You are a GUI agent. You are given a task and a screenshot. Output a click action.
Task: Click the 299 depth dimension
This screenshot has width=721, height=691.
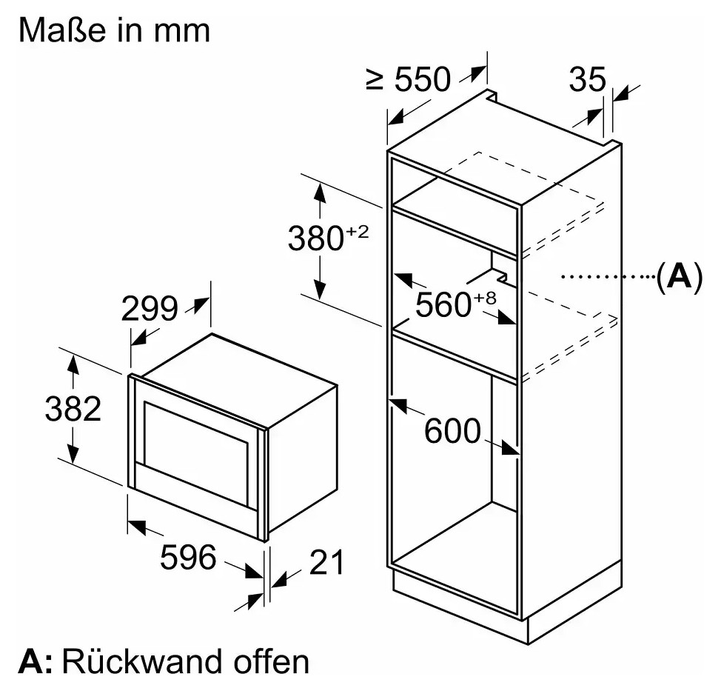pyautogui.click(x=150, y=309)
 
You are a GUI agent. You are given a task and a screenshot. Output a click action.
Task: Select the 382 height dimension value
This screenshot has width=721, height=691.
pyautogui.click(x=73, y=408)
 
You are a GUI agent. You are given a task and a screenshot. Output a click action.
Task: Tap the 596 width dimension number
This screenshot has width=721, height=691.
pyautogui.click(x=188, y=557)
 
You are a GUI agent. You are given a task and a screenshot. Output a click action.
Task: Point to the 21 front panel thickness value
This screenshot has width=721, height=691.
pyautogui.click(x=326, y=561)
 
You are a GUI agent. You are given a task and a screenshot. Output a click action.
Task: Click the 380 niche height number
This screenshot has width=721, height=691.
pyautogui.click(x=316, y=238)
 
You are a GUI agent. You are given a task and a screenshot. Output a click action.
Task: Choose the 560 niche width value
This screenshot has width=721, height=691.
pyautogui.click(x=443, y=304)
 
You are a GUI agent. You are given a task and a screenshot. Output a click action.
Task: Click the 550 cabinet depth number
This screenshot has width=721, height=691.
pyautogui.click(x=423, y=79)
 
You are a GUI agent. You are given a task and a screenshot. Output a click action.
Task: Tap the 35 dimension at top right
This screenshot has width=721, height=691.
pyautogui.click(x=588, y=79)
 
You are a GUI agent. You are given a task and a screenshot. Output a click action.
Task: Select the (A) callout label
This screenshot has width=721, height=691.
pyautogui.click(x=679, y=276)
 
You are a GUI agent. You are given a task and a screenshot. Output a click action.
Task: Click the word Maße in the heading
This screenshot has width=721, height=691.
pyautogui.click(x=62, y=30)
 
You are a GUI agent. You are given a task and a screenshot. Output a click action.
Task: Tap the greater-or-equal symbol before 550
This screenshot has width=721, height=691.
pyautogui.click(x=375, y=79)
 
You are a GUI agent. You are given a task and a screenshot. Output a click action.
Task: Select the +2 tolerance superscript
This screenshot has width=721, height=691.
pyautogui.click(x=358, y=231)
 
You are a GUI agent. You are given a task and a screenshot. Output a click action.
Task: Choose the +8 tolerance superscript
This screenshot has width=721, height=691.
pyautogui.click(x=485, y=298)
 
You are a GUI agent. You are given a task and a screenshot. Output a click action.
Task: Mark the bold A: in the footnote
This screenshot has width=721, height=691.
pyautogui.click(x=36, y=661)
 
